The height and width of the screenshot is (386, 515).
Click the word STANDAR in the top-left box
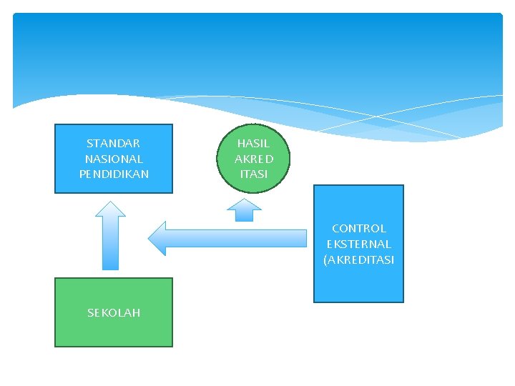tap(114, 144)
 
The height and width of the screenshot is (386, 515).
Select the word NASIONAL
tap(114, 159)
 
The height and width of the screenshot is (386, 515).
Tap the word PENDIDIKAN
tap(114, 174)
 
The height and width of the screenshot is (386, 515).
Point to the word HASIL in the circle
tap(254, 144)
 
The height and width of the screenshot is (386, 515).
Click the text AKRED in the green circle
tap(254, 159)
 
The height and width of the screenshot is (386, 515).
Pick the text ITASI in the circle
tap(254, 174)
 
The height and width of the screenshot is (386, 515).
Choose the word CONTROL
tap(359, 229)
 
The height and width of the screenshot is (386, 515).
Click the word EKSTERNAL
tap(359, 244)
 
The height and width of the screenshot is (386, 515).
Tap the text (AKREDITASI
tap(359, 259)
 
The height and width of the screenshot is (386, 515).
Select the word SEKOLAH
tap(114, 312)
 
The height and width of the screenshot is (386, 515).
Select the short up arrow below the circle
tap(245, 210)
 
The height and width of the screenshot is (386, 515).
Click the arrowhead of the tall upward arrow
tap(111, 209)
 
